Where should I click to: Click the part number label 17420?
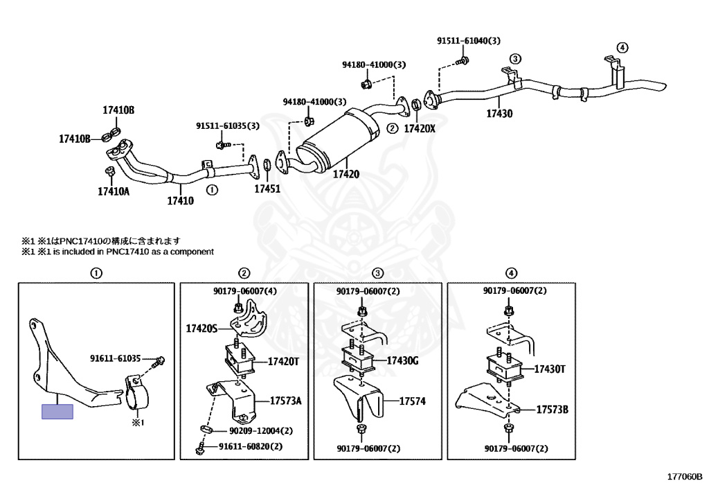(346, 174)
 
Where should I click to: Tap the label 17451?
(267, 189)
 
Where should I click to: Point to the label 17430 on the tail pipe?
(499, 114)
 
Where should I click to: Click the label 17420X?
(419, 129)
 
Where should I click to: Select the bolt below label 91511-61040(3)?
(462, 60)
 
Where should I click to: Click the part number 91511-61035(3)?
(227, 125)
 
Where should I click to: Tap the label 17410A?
(114, 192)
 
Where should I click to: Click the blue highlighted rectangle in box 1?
(57, 411)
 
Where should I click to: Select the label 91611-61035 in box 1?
(116, 359)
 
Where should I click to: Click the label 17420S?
(201, 329)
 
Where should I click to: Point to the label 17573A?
(285, 401)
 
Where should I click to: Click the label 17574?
(412, 401)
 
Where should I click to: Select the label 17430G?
(402, 360)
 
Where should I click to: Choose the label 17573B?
(552, 410)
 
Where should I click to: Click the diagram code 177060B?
(685, 476)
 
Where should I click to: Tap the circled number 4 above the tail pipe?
(622, 48)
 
